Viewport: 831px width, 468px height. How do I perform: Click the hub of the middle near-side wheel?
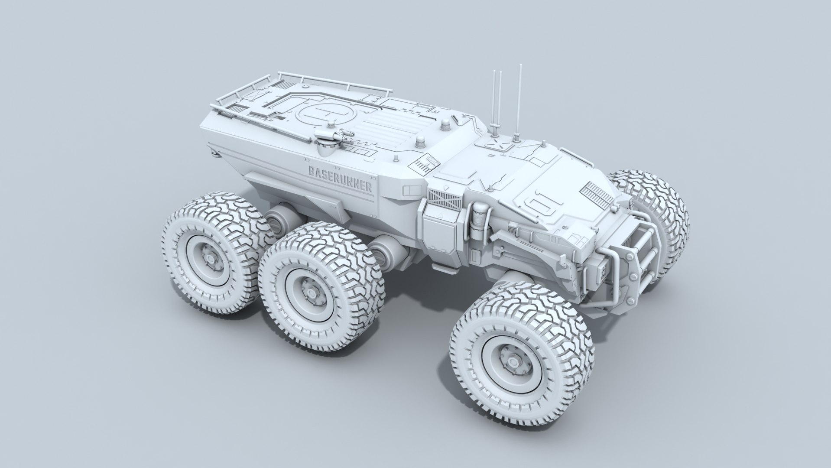(x=308, y=287)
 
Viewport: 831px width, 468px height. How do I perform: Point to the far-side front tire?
(x=650, y=204)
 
